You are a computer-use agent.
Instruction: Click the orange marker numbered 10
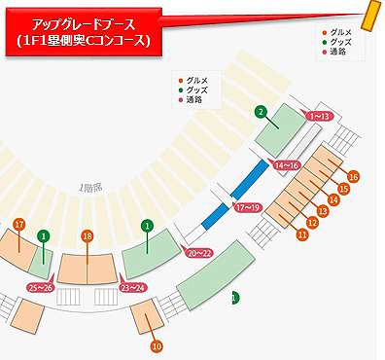(156, 345)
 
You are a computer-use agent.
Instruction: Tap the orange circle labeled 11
(302, 234)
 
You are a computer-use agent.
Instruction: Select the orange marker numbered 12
(312, 223)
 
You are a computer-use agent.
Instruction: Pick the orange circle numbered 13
(323, 211)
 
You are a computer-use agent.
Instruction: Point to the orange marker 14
(332, 199)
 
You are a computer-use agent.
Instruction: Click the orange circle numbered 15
(343, 188)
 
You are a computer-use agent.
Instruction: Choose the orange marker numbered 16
(353, 176)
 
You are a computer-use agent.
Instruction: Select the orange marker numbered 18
(87, 235)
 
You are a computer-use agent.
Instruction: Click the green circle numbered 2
(261, 112)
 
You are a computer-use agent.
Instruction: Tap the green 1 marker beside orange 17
(43, 235)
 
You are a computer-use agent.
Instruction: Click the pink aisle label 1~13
(319, 116)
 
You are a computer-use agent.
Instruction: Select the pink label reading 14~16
(287, 166)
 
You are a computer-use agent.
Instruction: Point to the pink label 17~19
(248, 208)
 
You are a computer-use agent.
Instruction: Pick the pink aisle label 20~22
(199, 252)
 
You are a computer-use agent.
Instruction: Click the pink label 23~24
(132, 287)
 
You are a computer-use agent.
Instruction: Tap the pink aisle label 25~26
(40, 287)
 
